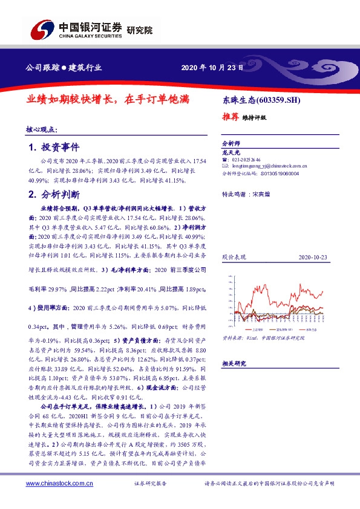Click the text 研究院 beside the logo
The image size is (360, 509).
(x=140, y=30)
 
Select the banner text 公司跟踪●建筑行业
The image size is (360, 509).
(x=63, y=68)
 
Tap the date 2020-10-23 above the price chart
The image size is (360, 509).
(x=313, y=258)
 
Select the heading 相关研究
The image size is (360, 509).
(x=234, y=363)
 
